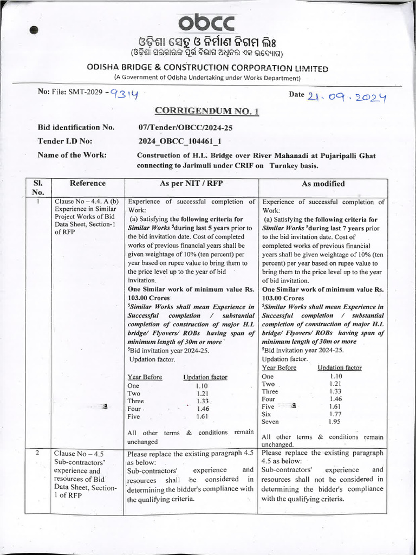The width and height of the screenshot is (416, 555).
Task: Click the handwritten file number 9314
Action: (124, 94)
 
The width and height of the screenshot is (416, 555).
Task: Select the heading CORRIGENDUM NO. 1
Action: (207, 111)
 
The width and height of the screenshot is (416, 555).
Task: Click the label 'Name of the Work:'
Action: (72, 155)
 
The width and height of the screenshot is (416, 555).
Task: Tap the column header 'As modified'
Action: (323, 184)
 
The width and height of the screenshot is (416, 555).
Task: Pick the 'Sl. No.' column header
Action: (38, 188)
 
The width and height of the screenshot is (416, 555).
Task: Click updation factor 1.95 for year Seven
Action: (335, 421)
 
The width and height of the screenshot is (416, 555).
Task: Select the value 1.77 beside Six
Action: (335, 414)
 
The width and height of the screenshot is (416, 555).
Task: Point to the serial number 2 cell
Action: (38, 453)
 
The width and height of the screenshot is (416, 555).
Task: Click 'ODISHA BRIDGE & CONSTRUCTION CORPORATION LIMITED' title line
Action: (207, 68)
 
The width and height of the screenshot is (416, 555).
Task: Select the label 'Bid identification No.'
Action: (76, 127)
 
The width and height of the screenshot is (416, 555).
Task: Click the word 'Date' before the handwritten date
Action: (296, 94)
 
